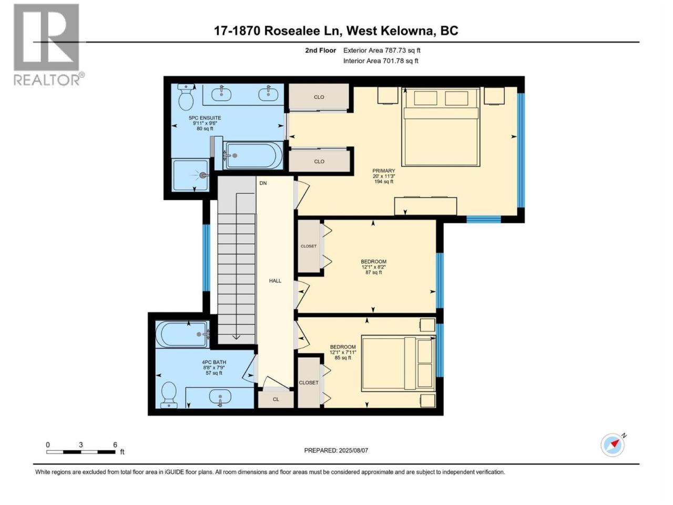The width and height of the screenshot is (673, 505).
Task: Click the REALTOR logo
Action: click(x=48, y=45)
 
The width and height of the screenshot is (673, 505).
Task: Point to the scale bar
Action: click(x=81, y=452)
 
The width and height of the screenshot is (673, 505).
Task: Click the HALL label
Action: click(x=275, y=280)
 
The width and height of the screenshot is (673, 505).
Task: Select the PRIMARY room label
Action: click(x=384, y=171)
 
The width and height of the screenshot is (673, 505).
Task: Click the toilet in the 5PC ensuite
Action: click(x=186, y=97)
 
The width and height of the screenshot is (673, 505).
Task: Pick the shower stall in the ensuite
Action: click(x=191, y=175)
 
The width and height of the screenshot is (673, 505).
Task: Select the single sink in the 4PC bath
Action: click(x=220, y=397)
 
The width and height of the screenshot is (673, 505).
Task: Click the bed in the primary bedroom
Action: click(x=441, y=127)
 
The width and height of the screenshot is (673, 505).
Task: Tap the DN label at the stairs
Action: click(x=263, y=183)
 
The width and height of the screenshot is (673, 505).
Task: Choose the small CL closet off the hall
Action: click(x=276, y=399)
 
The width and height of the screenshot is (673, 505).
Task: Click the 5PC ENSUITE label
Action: click(x=205, y=118)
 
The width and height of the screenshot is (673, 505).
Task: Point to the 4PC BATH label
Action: click(x=214, y=362)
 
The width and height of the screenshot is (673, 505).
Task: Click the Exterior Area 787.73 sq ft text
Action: click(x=382, y=50)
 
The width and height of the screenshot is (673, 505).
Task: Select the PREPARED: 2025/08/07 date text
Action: click(x=336, y=450)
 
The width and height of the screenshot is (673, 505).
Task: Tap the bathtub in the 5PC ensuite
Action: click(x=253, y=156)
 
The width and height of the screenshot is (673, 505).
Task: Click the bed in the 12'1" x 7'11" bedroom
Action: click(x=399, y=363)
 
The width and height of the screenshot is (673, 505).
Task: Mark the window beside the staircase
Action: click(x=206, y=258)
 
